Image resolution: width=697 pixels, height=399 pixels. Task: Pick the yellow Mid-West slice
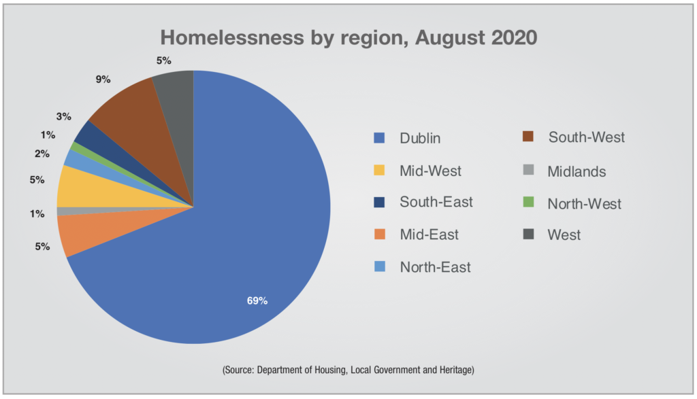75,186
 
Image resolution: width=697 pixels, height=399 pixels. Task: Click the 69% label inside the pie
257,300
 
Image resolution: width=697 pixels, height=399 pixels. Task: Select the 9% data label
103,79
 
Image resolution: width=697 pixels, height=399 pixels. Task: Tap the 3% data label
64,116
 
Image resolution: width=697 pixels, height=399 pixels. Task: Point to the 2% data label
42,154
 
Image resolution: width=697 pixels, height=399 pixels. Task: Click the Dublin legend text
420,139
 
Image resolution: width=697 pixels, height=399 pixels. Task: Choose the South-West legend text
586,137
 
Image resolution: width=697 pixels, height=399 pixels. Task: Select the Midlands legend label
577,171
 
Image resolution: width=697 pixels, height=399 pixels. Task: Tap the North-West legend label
584,203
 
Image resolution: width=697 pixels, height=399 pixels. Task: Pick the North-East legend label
435,267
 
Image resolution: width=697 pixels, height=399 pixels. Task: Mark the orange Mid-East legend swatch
380,235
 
